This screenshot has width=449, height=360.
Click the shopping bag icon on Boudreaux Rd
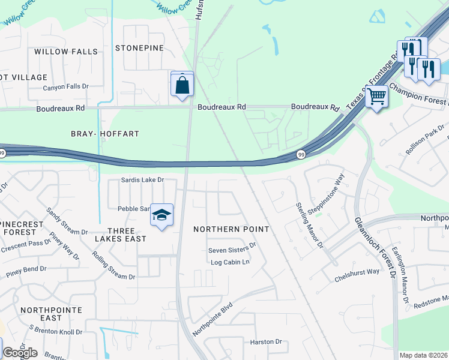coord(182,85)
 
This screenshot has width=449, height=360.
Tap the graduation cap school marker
coord(161,216)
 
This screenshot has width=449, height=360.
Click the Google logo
coord(19,353)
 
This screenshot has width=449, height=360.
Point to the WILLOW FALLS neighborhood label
coord(66,52)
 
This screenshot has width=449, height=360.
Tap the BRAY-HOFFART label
coord(105,134)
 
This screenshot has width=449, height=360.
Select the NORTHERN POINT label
coord(223,229)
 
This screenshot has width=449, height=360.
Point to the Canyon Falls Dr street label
coord(65,87)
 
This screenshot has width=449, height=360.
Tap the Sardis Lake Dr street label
coord(142,179)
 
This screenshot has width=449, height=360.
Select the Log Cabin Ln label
coord(229,262)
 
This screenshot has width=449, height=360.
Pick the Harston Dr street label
coord(266,342)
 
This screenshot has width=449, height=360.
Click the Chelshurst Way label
coord(357,271)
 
